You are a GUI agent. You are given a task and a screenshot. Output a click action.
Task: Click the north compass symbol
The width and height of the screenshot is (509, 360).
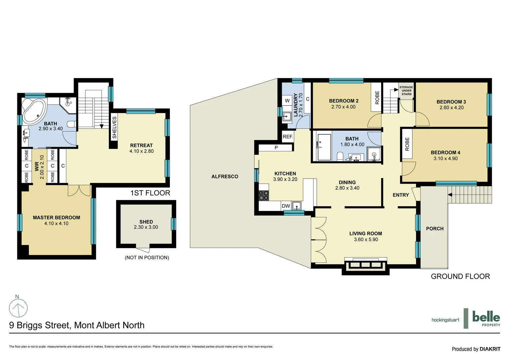tap(18, 307)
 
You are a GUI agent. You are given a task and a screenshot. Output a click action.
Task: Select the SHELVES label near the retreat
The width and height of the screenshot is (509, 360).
tap(114, 128)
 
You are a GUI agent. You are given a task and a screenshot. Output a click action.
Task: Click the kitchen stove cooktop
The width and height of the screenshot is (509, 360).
tap(264, 195)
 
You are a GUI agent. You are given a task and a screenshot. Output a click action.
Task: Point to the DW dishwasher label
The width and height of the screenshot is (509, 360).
tap(286, 206)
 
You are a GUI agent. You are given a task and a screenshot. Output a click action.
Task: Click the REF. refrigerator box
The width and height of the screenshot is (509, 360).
tap(288, 137)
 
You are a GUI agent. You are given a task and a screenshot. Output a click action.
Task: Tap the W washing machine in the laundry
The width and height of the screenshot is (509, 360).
tap(287, 101)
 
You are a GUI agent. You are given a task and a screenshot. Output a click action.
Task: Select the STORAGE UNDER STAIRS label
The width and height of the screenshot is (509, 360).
tap(406, 91)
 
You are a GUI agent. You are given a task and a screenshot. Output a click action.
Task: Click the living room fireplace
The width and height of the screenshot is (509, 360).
tap(365, 265)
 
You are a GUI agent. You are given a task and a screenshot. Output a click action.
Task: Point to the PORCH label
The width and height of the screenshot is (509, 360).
tap(435, 229)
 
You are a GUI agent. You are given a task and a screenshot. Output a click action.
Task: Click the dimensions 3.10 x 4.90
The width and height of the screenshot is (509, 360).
tap(445, 159)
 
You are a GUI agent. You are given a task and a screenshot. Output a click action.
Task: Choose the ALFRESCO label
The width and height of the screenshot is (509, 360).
tap(225, 177)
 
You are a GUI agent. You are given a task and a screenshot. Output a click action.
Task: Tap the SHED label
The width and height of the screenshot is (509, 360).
tap(146, 222)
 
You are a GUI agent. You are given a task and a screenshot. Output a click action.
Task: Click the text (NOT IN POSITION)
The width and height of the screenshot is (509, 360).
tap(147, 258)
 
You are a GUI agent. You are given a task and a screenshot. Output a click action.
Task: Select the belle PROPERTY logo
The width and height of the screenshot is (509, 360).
tap(486, 319)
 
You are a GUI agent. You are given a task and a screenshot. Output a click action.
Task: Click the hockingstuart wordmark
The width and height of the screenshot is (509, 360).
tap(445, 320)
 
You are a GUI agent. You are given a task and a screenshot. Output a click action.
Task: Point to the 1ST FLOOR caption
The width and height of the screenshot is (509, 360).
tap(150, 193)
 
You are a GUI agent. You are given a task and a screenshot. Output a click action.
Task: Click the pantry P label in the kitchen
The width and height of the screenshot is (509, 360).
tap(276, 148)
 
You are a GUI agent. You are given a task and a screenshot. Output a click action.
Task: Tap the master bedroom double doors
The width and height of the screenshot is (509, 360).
tap(79, 191)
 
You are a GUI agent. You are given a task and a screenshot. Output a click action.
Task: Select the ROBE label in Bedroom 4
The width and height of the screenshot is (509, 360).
tap(407, 144)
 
